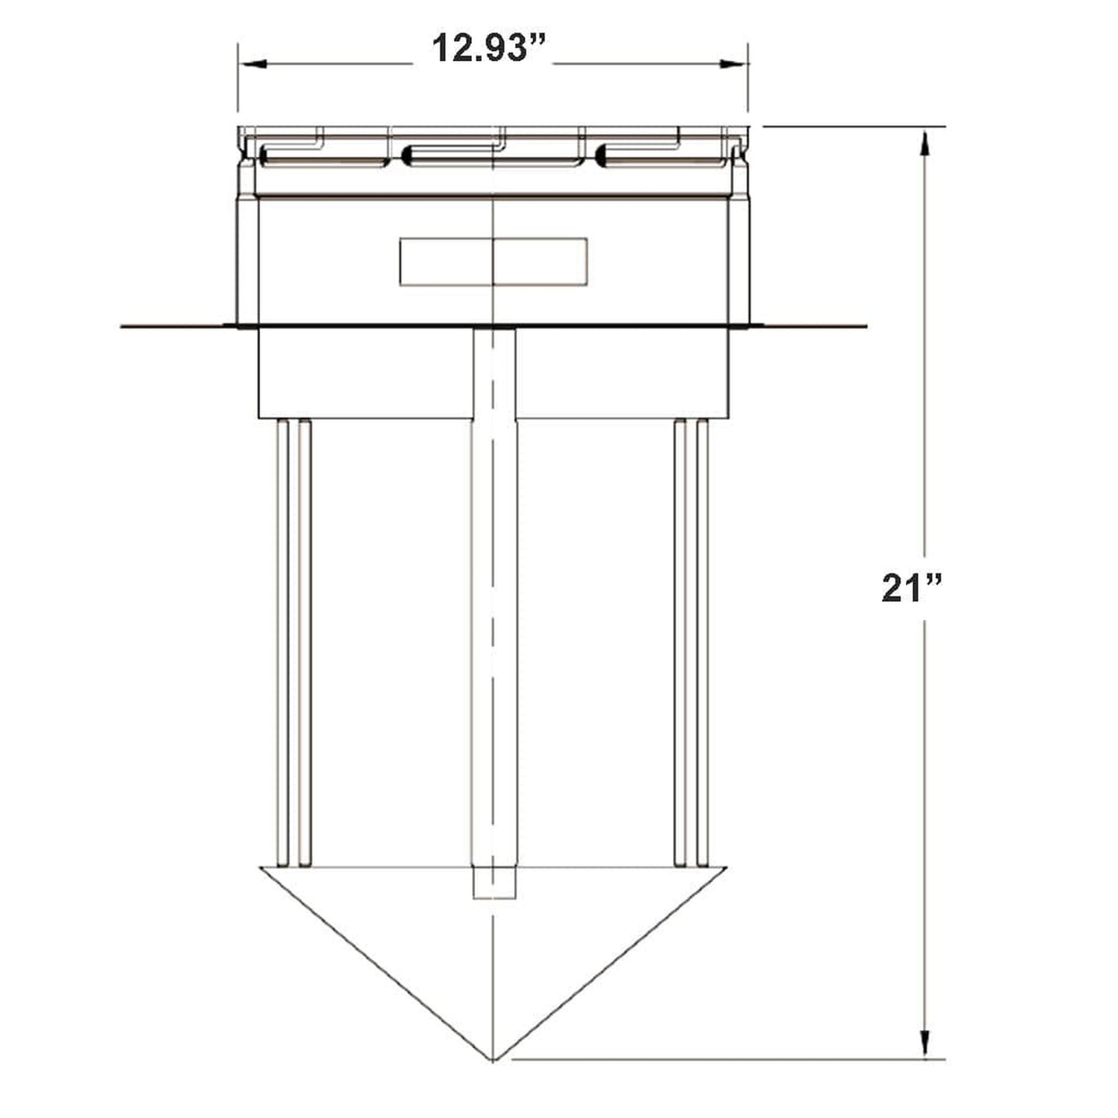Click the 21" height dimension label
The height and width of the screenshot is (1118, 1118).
pos(911,589)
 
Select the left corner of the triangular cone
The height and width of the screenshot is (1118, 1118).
pos(261,868)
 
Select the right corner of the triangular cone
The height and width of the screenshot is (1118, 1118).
pos(726,868)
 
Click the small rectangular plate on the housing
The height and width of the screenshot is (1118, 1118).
pos(493,262)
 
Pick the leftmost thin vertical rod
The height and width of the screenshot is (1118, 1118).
pos(282,642)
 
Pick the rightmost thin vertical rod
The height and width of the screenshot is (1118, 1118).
pos(703,642)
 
